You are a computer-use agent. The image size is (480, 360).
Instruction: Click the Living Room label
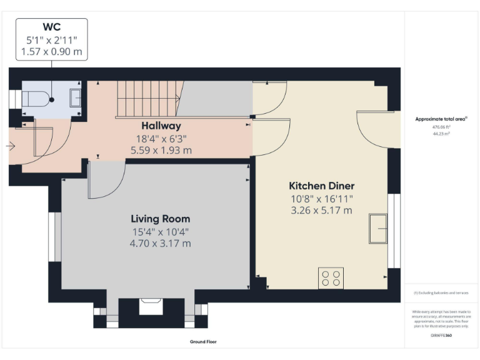coord(160,219)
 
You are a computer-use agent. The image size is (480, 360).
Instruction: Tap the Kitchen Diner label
coord(321,186)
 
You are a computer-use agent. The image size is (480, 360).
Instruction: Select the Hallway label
coord(161,126)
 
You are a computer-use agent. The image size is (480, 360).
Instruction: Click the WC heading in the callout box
coord(51,27)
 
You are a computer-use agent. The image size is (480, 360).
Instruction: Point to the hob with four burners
coord(331,277)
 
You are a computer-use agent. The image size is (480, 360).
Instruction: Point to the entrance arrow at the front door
coord(12,146)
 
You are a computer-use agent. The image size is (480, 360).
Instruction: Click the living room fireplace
coord(151,307)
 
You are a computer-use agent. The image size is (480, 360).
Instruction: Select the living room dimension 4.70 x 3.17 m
coord(160,242)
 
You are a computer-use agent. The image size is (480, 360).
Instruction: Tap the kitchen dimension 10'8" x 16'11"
coord(321,198)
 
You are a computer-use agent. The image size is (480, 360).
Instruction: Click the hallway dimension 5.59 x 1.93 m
coord(161,150)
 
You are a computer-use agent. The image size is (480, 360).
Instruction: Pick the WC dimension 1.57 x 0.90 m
coord(51,51)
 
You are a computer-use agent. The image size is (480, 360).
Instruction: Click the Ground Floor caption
coord(203,342)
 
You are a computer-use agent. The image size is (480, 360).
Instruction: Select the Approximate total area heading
coord(441,118)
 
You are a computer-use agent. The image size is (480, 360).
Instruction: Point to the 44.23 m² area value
coord(441,132)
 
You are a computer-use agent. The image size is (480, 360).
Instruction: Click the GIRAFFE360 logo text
coord(441,336)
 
